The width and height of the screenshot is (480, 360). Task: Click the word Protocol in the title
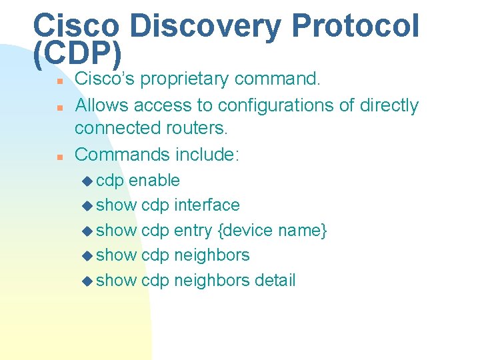coord(356,27)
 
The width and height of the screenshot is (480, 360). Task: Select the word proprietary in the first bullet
coord(184,79)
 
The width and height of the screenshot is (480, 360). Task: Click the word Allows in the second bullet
coord(101,105)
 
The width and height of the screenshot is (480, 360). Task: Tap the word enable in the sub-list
coord(154,181)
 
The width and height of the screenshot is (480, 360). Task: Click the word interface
coord(207,205)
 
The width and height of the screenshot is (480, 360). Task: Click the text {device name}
coord(273,231)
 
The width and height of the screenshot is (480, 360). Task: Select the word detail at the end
coord(275,281)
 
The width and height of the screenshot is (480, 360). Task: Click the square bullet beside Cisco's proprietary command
coord(59,81)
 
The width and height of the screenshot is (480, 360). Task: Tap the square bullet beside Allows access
coord(59,107)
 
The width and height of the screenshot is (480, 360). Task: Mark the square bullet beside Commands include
coord(59,157)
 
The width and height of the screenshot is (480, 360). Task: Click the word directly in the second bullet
coord(389,105)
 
